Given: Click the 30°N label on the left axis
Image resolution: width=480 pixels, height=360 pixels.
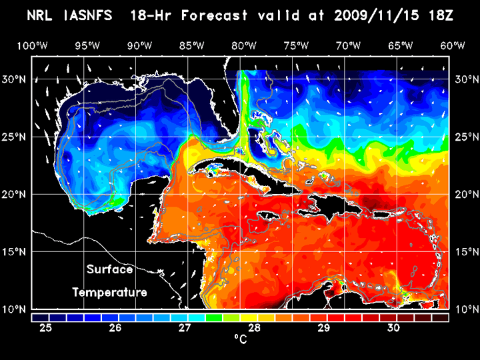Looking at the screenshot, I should (x=15, y=79).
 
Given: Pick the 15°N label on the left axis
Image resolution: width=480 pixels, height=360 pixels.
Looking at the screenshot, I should (x=15, y=251).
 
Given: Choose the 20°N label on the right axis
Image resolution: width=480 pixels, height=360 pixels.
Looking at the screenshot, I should (x=465, y=194).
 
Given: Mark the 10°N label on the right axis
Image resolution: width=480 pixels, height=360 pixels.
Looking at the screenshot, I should (x=465, y=309).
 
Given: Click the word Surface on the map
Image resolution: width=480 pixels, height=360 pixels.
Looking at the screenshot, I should (x=109, y=270).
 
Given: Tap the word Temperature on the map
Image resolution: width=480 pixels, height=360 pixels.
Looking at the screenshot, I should (x=109, y=292).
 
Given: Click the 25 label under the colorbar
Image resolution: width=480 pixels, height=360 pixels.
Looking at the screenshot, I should (x=46, y=328).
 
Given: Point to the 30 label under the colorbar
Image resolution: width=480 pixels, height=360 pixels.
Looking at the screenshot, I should (x=393, y=328).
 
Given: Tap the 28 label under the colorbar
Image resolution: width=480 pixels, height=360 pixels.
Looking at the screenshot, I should (x=254, y=328).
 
